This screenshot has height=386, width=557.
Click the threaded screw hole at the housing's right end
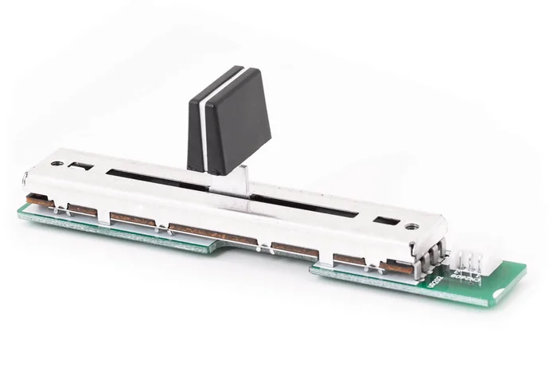click(411, 227)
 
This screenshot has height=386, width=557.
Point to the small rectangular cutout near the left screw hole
click(81, 166)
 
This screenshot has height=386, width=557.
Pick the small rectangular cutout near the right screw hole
click(385, 220)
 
